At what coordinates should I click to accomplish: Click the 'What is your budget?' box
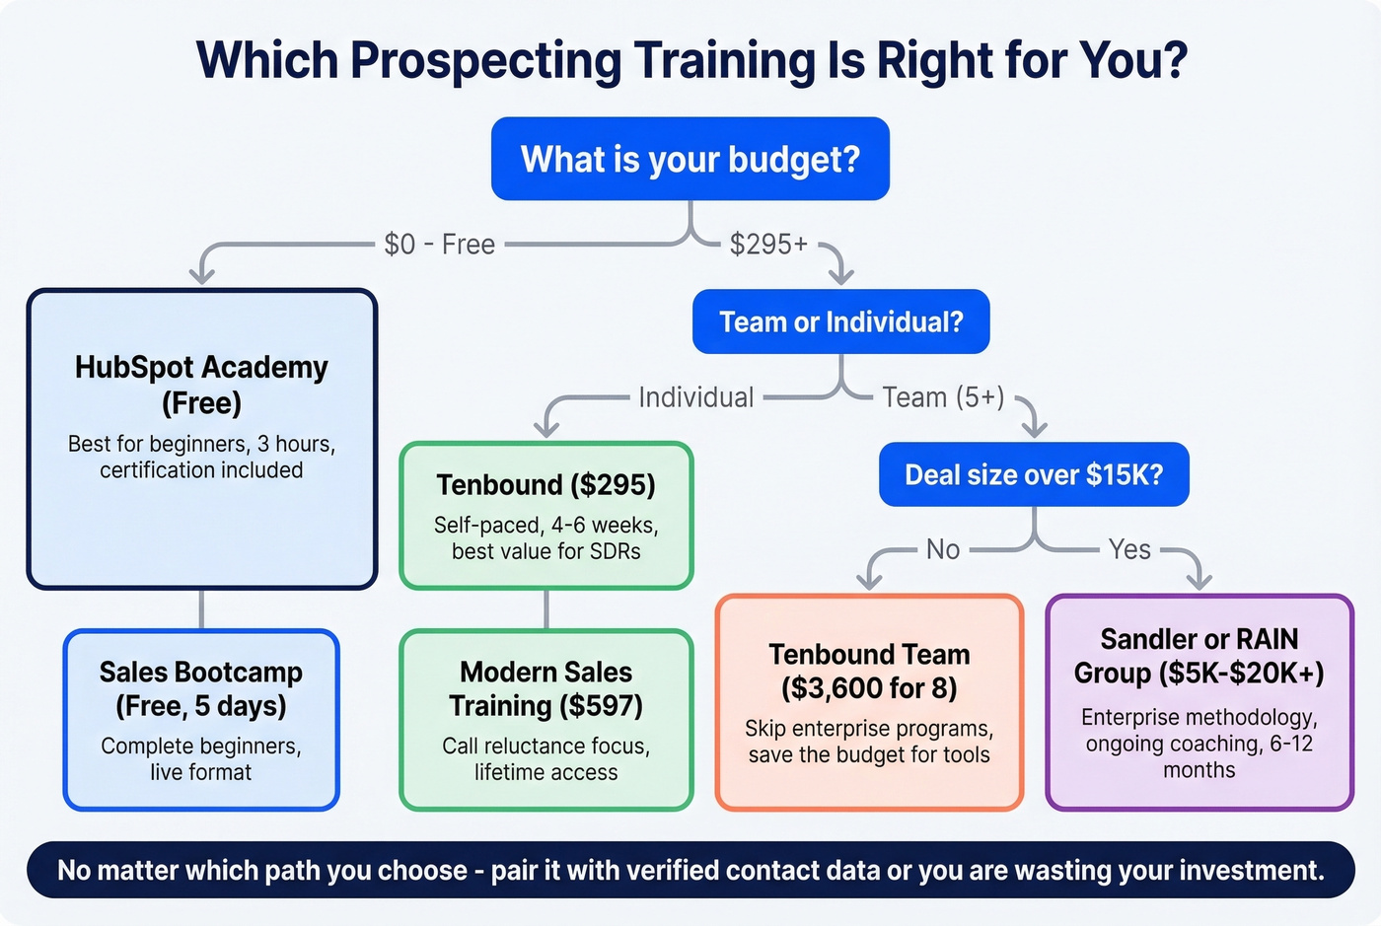pyautogui.click(x=690, y=159)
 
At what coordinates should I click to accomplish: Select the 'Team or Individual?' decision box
pyautogui.click(x=840, y=321)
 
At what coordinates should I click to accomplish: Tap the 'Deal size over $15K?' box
pyautogui.click(x=1034, y=474)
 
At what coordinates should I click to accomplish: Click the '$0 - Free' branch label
pyautogui.click(x=439, y=244)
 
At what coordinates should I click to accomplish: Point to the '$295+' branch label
pyautogui.click(x=768, y=244)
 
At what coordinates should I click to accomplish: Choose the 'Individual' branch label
pyautogui.click(x=695, y=397)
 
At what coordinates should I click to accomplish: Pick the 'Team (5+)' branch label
pyautogui.click(x=943, y=397)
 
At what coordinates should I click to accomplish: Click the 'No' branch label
pyautogui.click(x=943, y=549)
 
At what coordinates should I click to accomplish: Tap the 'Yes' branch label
pyautogui.click(x=1129, y=549)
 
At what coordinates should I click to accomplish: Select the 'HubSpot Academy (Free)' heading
pyautogui.click(x=201, y=385)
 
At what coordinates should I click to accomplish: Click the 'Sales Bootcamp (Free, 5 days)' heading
pyautogui.click(x=201, y=688)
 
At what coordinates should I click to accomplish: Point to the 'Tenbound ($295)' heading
pyautogui.click(x=545, y=485)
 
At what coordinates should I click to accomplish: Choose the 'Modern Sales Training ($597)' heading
pyautogui.click(x=545, y=688)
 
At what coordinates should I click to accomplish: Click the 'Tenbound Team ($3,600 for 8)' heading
pyautogui.click(x=869, y=671)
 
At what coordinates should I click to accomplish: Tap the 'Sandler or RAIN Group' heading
pyautogui.click(x=1199, y=656)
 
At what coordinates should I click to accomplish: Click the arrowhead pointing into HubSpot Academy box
pyautogui.click(x=202, y=275)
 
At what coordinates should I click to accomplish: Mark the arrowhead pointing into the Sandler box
pyautogui.click(x=1199, y=581)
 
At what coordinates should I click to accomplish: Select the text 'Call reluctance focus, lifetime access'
pyautogui.click(x=545, y=759)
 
